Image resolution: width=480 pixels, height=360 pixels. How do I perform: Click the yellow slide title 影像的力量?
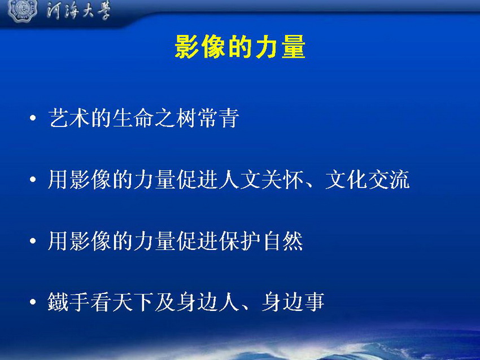pyautogui.click(x=240, y=46)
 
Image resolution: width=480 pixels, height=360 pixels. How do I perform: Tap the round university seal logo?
pyautogui.click(x=23, y=10)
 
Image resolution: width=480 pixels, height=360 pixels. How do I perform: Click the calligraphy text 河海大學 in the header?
pyautogui.click(x=78, y=10)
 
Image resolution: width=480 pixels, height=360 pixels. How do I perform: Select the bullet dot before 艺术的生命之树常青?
pyautogui.click(x=33, y=118)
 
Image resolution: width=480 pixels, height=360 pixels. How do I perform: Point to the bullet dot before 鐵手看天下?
pyautogui.click(x=33, y=302)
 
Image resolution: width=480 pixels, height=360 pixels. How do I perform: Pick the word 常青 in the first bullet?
pyautogui.click(x=219, y=118)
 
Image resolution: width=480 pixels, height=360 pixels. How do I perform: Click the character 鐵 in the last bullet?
pyautogui.click(x=58, y=302)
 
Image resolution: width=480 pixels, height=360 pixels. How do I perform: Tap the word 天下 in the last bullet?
pyautogui.click(x=133, y=302)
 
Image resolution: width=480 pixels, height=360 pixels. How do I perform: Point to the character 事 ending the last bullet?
pyautogui.click(x=314, y=302)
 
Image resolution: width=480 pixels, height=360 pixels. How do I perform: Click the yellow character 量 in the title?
pyautogui.click(x=293, y=46)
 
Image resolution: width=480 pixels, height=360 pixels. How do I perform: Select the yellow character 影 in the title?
pyautogui.click(x=187, y=46)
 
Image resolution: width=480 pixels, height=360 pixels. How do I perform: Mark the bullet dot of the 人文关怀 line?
pyautogui.click(x=33, y=179)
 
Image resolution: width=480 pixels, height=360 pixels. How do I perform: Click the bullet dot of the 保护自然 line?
pyautogui.click(x=33, y=241)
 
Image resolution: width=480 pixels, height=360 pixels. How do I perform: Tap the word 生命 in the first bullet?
pyautogui.click(x=133, y=118)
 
